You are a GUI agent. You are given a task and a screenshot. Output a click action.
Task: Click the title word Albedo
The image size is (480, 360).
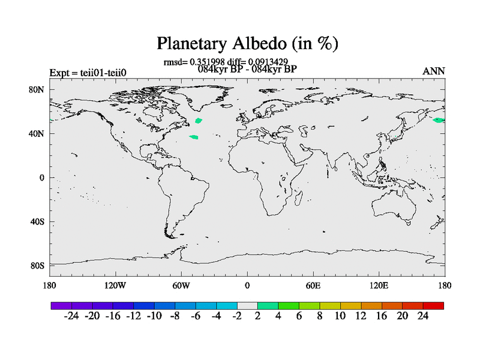point(260,43)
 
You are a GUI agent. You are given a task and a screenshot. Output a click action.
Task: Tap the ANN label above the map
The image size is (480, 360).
point(433,71)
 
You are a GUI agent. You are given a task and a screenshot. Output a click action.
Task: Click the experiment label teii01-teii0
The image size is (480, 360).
point(103,73)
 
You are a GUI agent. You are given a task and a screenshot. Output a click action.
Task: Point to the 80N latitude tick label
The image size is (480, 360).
point(37,89)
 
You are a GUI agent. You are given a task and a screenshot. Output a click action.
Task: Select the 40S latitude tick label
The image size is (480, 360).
point(37,221)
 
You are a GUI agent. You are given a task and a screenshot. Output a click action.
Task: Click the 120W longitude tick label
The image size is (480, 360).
point(115,286)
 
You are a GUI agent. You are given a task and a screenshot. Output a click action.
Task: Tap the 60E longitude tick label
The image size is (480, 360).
point(313,286)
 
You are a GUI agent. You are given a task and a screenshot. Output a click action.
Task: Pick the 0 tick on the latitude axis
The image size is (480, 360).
point(41,178)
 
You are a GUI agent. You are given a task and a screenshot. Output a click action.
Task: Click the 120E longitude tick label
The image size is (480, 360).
point(379,286)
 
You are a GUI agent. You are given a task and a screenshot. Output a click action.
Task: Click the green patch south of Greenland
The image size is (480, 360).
point(199,121)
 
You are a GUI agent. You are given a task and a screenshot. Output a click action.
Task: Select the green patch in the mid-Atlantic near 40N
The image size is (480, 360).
point(194,137)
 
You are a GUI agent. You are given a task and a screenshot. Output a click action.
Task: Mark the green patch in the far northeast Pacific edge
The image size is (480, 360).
point(439,120)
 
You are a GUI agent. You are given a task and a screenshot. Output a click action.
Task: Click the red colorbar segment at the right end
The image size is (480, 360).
point(433,305)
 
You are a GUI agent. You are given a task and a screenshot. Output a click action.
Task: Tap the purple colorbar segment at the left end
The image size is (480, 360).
point(61,305)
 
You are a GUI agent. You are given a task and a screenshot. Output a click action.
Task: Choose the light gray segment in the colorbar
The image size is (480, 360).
point(247,305)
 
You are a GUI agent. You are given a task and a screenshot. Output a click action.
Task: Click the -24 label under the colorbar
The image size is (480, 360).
point(71,316)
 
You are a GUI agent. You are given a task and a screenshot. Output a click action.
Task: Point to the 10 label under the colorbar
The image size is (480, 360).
point(340,316)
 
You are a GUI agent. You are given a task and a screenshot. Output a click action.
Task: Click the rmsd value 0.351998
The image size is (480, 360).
point(207,62)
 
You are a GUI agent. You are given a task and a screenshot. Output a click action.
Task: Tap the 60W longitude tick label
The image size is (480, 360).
point(181,286)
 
